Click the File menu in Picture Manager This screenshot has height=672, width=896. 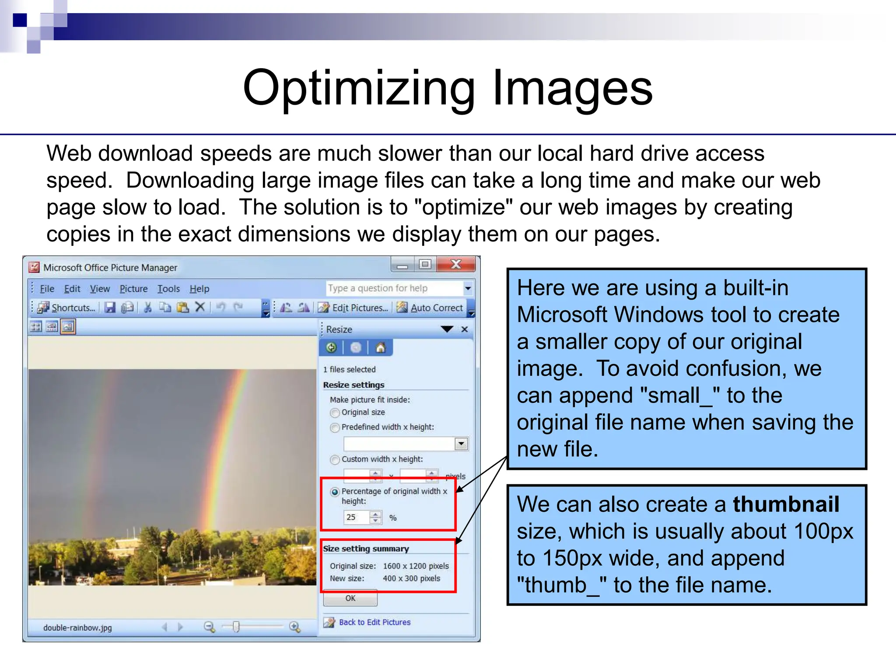click(x=47, y=289)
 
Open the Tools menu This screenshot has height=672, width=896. click(x=168, y=289)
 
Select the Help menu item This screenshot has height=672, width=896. click(x=199, y=289)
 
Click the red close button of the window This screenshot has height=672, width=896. click(x=455, y=264)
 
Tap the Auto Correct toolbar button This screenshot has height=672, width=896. click(x=431, y=308)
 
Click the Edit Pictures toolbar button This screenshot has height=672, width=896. click(x=353, y=308)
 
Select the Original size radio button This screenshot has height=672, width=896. click(x=335, y=413)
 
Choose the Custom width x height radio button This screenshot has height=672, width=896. click(x=335, y=459)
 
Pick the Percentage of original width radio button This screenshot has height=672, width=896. click(x=335, y=492)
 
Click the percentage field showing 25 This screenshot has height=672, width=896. click(x=356, y=517)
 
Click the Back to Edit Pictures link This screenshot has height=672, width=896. click(x=374, y=622)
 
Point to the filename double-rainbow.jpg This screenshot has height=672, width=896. click(x=77, y=627)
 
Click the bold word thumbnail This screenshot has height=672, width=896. click(x=786, y=504)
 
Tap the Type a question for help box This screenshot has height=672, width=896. click(x=394, y=288)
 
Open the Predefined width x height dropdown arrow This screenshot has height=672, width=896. click(x=461, y=444)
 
